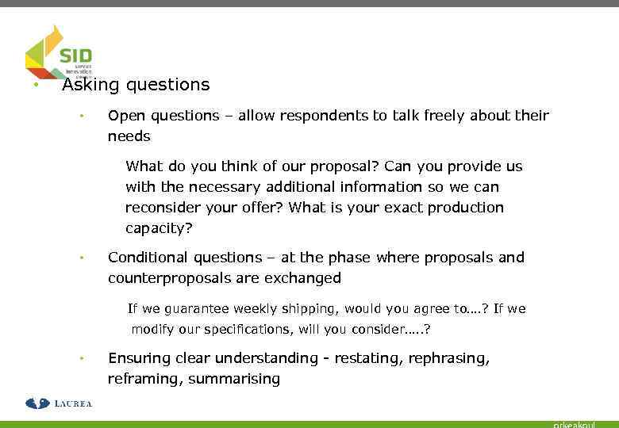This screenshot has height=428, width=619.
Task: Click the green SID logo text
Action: [76, 56]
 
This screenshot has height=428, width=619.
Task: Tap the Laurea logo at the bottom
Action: [59, 403]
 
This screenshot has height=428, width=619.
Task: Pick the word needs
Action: [129, 136]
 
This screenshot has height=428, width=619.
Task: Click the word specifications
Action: [223, 329]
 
